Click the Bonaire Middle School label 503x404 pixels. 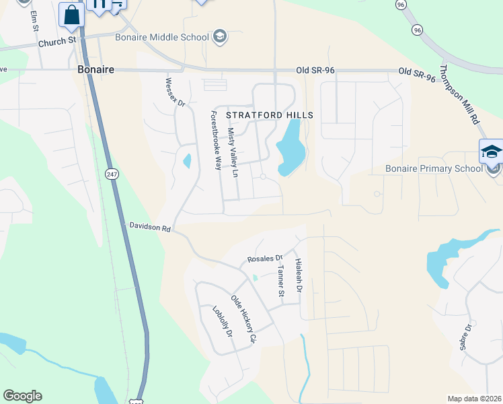click(x=167, y=37)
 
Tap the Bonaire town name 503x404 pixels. click(x=96, y=69)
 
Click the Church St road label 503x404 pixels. click(x=58, y=42)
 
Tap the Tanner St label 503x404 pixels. click(x=282, y=280)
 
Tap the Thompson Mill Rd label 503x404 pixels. click(x=459, y=94)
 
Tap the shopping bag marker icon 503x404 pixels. click(x=72, y=13)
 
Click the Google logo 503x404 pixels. click(x=22, y=396)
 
